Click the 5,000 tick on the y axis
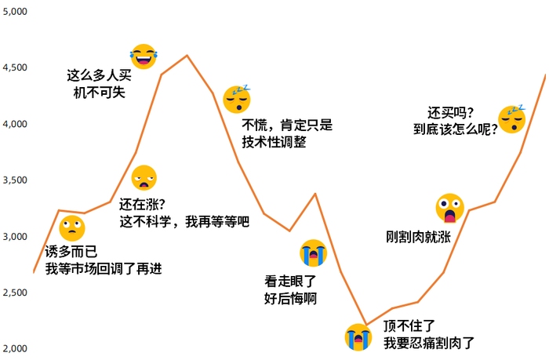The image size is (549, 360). coord(14,12)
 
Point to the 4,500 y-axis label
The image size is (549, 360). coord(14,68)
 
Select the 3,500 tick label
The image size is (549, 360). coord(14,180)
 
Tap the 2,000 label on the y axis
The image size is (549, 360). coord(14,348)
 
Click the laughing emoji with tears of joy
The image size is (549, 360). coord(144,56)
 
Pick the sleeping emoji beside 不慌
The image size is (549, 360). coord(235,98)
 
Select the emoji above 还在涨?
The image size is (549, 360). coord(144,178)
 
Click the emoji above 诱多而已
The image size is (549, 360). coord(71,228)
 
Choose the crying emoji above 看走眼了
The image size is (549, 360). coord(313,253)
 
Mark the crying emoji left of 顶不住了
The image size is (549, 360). coord(358,336)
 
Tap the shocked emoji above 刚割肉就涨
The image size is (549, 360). coord(449,208)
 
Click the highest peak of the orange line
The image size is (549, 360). coord(186,56)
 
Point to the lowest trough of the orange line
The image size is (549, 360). coord(365,324)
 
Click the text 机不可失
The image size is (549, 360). coord(99,93)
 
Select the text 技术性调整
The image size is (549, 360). coord(274,143)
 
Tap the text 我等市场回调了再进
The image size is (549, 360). coord(104,269)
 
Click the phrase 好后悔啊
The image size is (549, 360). coord(291,298)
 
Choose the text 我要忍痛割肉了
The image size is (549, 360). coord(429,342)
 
